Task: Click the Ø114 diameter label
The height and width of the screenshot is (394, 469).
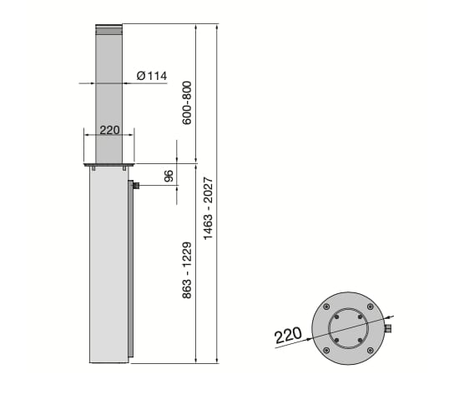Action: coord(151,76)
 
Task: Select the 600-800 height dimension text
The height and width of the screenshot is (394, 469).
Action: coord(188,102)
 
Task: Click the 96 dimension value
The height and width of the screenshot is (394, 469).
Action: coord(169,176)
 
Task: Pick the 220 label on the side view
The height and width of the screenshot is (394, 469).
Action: coord(110,130)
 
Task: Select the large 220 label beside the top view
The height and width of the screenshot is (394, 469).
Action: coord(288,337)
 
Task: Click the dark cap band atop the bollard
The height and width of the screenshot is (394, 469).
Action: coord(108,31)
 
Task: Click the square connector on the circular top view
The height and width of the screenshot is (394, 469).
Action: coord(388,330)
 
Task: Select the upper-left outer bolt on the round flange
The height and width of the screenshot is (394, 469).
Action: coord(325,307)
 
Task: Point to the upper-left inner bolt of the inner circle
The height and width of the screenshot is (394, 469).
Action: coord(336,317)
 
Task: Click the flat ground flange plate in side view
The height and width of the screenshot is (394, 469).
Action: coord(108,165)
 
